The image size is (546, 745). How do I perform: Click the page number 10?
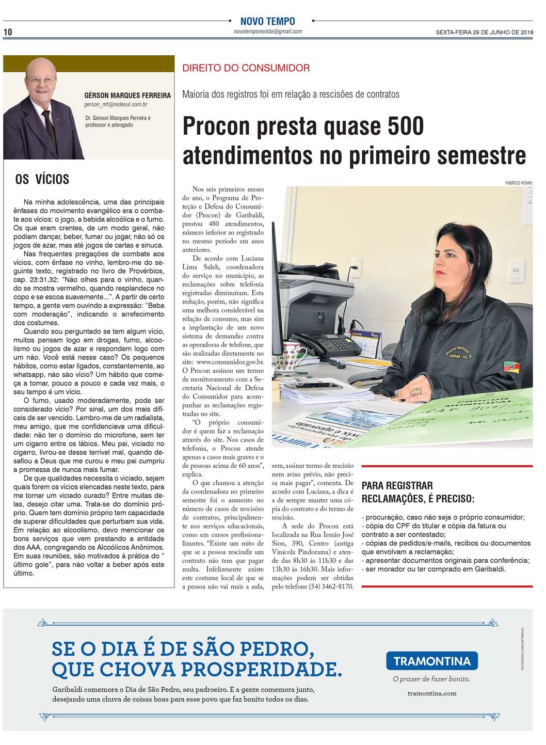click(x=8, y=32)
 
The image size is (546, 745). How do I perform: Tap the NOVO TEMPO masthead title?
click(x=267, y=21)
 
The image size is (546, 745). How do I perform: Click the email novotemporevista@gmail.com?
click(x=267, y=31)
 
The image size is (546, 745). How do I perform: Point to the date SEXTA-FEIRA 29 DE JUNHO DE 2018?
click(x=484, y=32)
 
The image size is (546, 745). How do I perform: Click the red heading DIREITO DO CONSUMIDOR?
click(x=246, y=68)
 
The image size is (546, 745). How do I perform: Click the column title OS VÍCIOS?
click(x=42, y=179)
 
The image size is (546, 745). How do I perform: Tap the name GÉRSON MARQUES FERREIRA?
click(x=127, y=96)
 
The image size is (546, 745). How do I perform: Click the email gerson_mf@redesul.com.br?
click(x=116, y=104)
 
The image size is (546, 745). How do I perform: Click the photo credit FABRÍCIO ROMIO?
click(x=519, y=183)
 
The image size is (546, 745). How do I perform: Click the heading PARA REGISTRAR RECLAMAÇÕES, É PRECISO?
click(x=417, y=492)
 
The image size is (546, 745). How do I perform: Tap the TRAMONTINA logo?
click(x=431, y=661)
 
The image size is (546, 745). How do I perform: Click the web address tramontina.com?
click(x=431, y=693)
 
